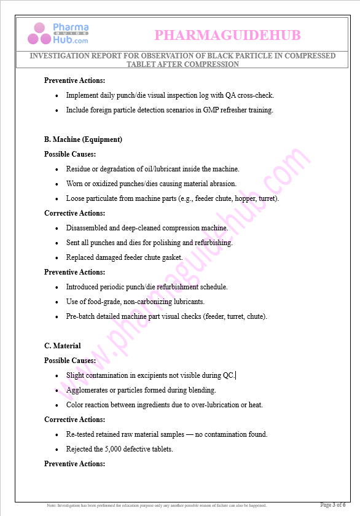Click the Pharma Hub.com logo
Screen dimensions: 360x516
58,33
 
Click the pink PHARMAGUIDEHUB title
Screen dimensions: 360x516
227,36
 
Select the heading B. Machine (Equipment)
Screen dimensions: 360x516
83,139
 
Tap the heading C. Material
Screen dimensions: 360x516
62,346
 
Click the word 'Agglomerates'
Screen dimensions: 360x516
87,390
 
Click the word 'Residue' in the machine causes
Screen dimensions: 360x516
79,169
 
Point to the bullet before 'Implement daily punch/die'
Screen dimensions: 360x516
57,96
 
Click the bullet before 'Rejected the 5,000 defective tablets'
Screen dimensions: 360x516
57,450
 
